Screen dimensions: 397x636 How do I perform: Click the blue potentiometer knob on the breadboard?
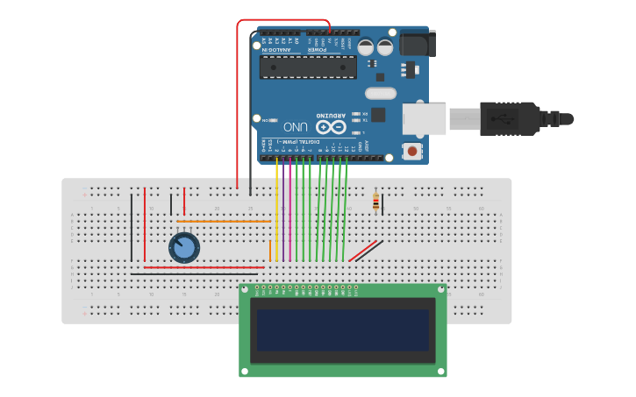tap(184, 248)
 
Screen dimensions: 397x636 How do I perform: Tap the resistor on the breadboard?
tap(376, 202)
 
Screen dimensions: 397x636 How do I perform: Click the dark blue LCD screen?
tap(342, 330)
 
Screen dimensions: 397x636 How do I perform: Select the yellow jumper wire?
tap(276, 210)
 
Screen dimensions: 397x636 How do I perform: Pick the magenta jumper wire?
tap(289, 210)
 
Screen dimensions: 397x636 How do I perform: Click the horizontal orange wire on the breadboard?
tap(224, 222)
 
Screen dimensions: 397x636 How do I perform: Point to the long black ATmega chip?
tap(308, 67)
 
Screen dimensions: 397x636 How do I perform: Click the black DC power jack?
tap(417, 44)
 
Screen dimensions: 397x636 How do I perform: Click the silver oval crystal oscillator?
tap(381, 93)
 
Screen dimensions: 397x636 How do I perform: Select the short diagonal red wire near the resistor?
tap(363, 252)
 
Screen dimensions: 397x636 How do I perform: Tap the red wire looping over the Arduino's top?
tap(281, 20)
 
